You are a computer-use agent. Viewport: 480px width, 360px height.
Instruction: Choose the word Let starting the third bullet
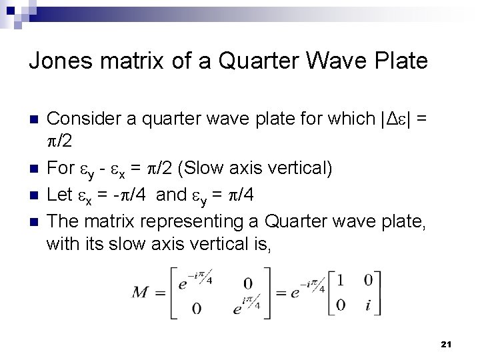click(x=59, y=195)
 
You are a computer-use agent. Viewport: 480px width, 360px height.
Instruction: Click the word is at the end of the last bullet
click(x=261, y=245)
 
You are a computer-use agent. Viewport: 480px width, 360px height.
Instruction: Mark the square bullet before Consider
click(x=34, y=120)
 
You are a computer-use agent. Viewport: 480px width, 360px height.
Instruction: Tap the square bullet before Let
click(x=34, y=195)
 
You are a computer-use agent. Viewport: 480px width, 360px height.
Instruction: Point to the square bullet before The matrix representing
click(x=34, y=221)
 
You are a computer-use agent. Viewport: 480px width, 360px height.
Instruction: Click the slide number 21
click(x=446, y=344)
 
